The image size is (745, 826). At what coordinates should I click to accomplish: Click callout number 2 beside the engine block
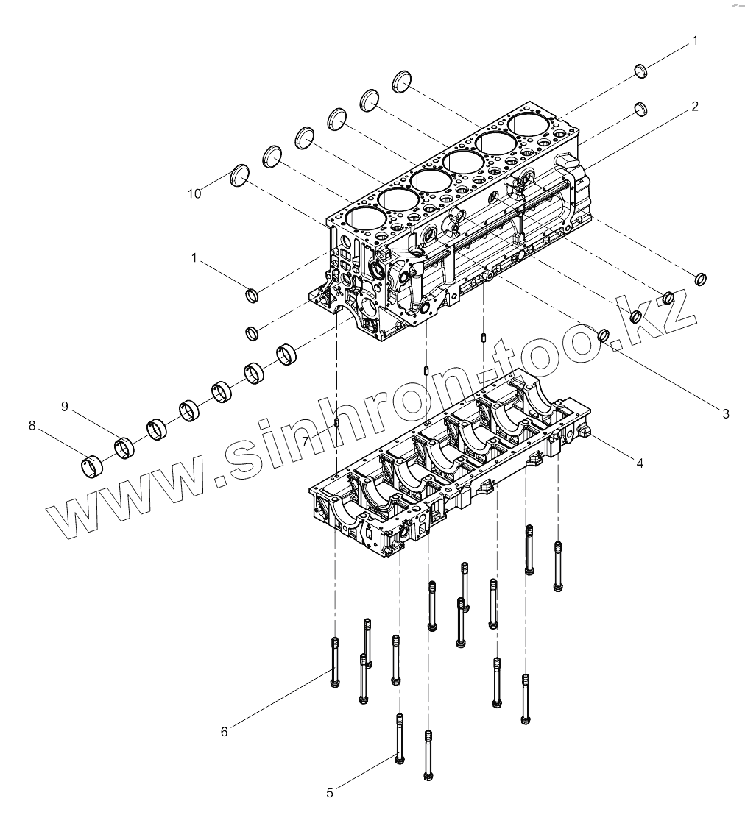(694, 107)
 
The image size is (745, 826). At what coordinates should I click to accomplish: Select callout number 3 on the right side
(726, 414)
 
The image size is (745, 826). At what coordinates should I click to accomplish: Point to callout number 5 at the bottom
(330, 792)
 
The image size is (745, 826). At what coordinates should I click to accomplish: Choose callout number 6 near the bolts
(225, 731)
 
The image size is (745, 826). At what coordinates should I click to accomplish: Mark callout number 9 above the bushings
(64, 406)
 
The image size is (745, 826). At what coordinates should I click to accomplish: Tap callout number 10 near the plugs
(194, 193)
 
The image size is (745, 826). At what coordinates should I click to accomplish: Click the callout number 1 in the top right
(694, 42)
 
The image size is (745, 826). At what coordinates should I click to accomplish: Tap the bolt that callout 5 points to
(400, 739)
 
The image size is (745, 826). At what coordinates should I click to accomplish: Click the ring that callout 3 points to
(604, 335)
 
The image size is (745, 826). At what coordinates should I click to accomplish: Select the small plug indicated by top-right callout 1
(640, 71)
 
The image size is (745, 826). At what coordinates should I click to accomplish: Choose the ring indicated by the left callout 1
(252, 296)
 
